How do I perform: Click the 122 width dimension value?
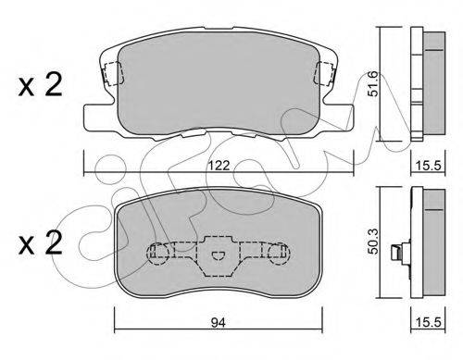pos(219,166)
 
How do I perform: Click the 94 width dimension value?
pos(219,323)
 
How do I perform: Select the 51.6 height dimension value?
pos(373,84)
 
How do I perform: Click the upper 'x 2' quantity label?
pos(41,84)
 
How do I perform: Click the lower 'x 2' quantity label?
pos(41,243)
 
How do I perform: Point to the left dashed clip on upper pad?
pos(113,73)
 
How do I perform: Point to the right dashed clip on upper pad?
pos(324,73)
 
